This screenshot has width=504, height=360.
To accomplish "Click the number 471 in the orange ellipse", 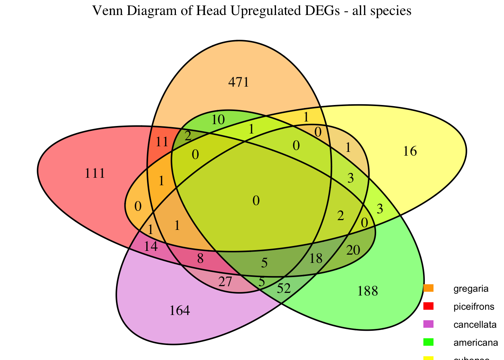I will (239, 82).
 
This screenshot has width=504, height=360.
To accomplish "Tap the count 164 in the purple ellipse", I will (180, 310).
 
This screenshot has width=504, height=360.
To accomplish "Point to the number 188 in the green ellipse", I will (368, 291).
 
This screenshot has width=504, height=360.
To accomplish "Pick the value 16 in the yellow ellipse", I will (410, 151).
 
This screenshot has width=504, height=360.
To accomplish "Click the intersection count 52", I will (284, 288).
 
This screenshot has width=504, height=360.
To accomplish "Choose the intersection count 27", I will (225, 282).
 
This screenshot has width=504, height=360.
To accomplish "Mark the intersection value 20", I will (353, 250).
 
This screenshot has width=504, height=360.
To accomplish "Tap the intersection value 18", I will (316, 258).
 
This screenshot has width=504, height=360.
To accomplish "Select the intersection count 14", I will (151, 246).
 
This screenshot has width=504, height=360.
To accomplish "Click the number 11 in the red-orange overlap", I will (162, 142).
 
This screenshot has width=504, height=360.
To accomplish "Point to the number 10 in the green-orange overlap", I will (218, 120).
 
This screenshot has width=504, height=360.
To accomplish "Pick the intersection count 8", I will (200, 258).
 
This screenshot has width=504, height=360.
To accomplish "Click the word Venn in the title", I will (106, 11).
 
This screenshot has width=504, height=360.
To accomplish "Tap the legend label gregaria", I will (471, 289).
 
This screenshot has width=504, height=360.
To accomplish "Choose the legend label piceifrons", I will (474, 306).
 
